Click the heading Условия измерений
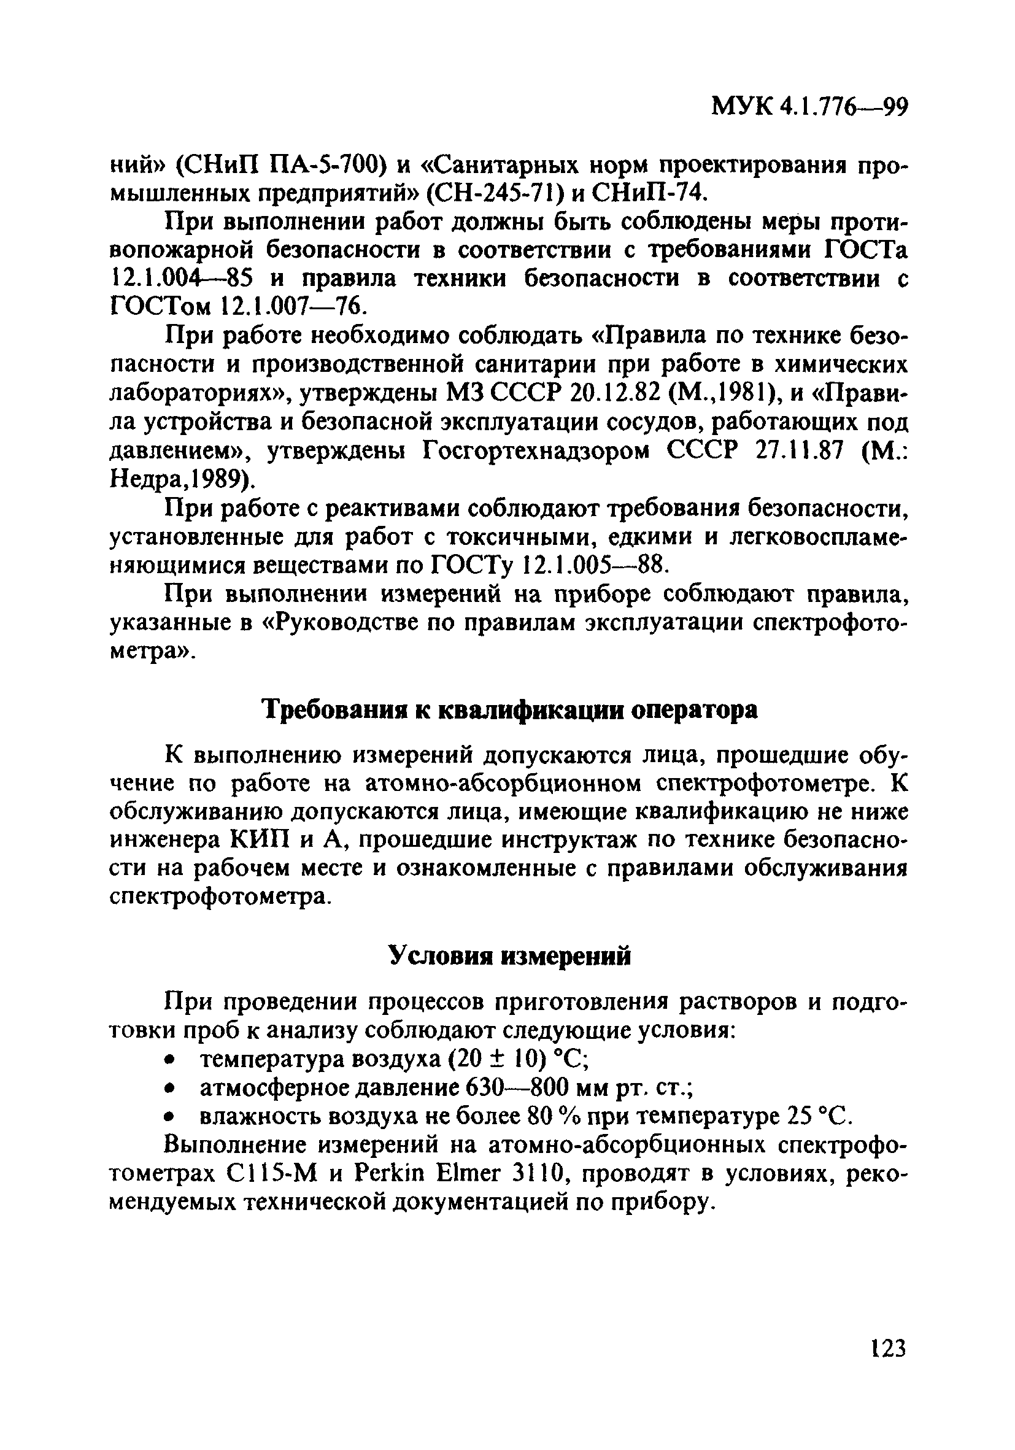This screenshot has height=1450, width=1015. [x=510, y=957]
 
